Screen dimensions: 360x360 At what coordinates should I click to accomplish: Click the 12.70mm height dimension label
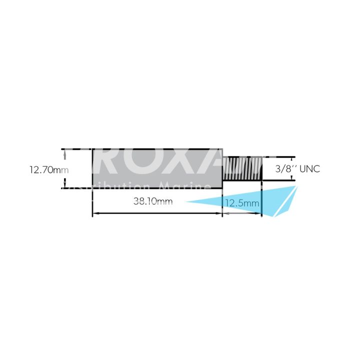point(48,169)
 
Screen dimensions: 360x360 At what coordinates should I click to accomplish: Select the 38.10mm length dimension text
point(153,202)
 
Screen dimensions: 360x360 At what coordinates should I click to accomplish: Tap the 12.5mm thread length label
point(242,203)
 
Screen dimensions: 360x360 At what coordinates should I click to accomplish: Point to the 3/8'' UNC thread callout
point(297,169)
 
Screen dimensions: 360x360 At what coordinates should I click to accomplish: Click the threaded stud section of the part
point(242,169)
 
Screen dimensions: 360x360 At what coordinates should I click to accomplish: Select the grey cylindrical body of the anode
point(157,168)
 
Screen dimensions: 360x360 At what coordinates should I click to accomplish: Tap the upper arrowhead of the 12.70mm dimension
point(64,152)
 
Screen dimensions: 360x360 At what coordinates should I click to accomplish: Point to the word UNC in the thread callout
point(309,169)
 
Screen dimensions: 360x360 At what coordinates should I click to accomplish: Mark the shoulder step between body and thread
point(222,169)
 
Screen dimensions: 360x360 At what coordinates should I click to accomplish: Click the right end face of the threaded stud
point(261,169)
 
